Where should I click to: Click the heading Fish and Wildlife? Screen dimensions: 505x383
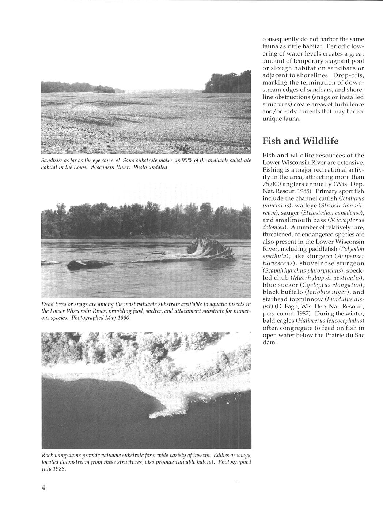300,141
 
